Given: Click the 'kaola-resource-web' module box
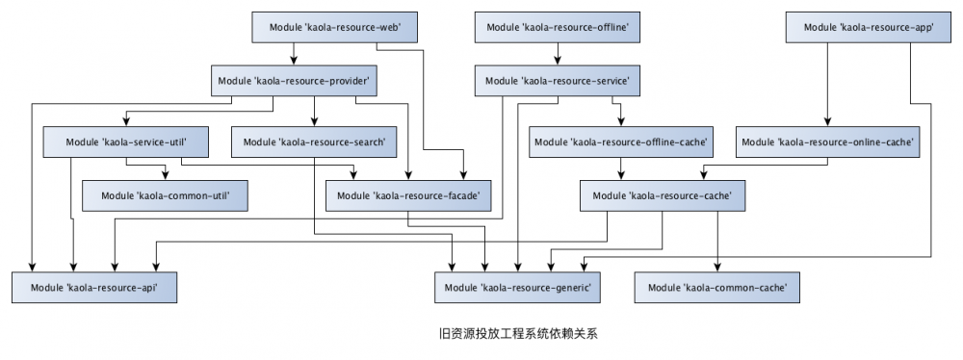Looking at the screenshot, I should click(335, 28).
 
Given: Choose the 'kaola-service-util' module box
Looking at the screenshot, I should click(126, 141).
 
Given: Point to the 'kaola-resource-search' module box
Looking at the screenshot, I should click(314, 141).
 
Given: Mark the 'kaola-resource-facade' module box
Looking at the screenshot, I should click(408, 195).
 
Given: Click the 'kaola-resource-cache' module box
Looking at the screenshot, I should click(663, 195).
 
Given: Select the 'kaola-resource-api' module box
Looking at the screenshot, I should click(94, 287).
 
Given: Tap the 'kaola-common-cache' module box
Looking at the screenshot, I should click(717, 287).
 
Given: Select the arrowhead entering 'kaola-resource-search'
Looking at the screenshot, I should click(314, 122).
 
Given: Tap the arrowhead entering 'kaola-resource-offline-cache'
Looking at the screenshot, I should click(621, 122).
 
